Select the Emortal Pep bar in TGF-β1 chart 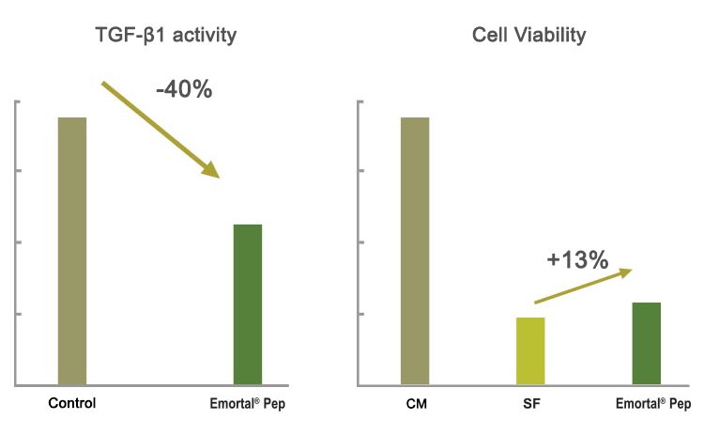[x=248, y=304]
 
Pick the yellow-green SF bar [x=531, y=351]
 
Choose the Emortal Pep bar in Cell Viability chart [x=647, y=344]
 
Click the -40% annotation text [x=184, y=90]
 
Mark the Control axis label [x=72, y=404]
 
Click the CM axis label [x=415, y=404]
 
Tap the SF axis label [x=531, y=404]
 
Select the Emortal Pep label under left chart [x=247, y=404]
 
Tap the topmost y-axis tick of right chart [x=361, y=100]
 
